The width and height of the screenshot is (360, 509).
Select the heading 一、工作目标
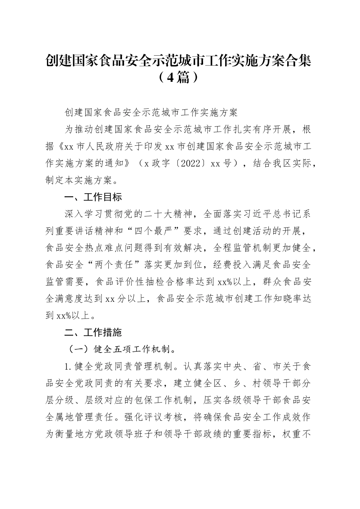click(93, 197)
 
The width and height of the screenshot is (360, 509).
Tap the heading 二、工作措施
click(93, 333)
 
